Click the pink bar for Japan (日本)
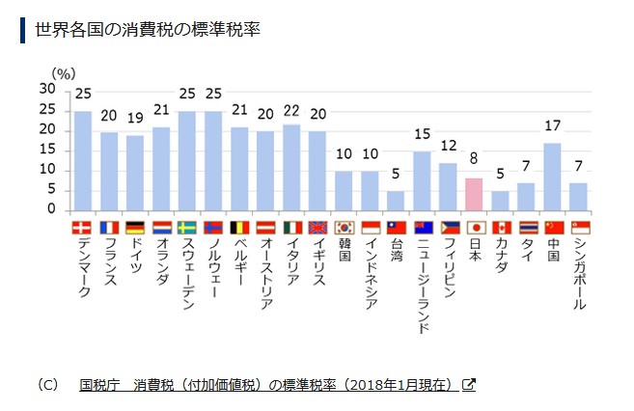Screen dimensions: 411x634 [x=473, y=194]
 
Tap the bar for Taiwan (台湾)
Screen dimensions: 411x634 [x=396, y=201]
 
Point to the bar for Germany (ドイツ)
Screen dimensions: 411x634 [x=135, y=173]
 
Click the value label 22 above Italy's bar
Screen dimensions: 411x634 [x=291, y=111]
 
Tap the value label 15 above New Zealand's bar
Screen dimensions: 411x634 [x=422, y=133]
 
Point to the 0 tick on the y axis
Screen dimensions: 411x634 [x=52, y=210]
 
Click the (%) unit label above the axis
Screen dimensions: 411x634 [x=63, y=73]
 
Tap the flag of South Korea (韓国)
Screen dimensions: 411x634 [x=344, y=229]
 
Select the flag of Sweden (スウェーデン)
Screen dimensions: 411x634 [x=187, y=229]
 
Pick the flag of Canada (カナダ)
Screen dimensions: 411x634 [x=500, y=229]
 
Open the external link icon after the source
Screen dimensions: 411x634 [x=469, y=384]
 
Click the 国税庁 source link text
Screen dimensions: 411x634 [x=100, y=384]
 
